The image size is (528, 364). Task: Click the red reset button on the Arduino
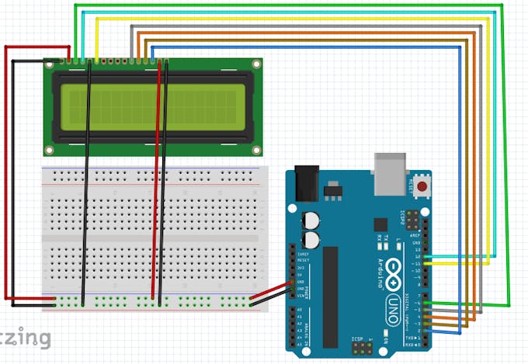(422, 186)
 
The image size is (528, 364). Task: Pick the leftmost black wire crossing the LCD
(88, 179)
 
